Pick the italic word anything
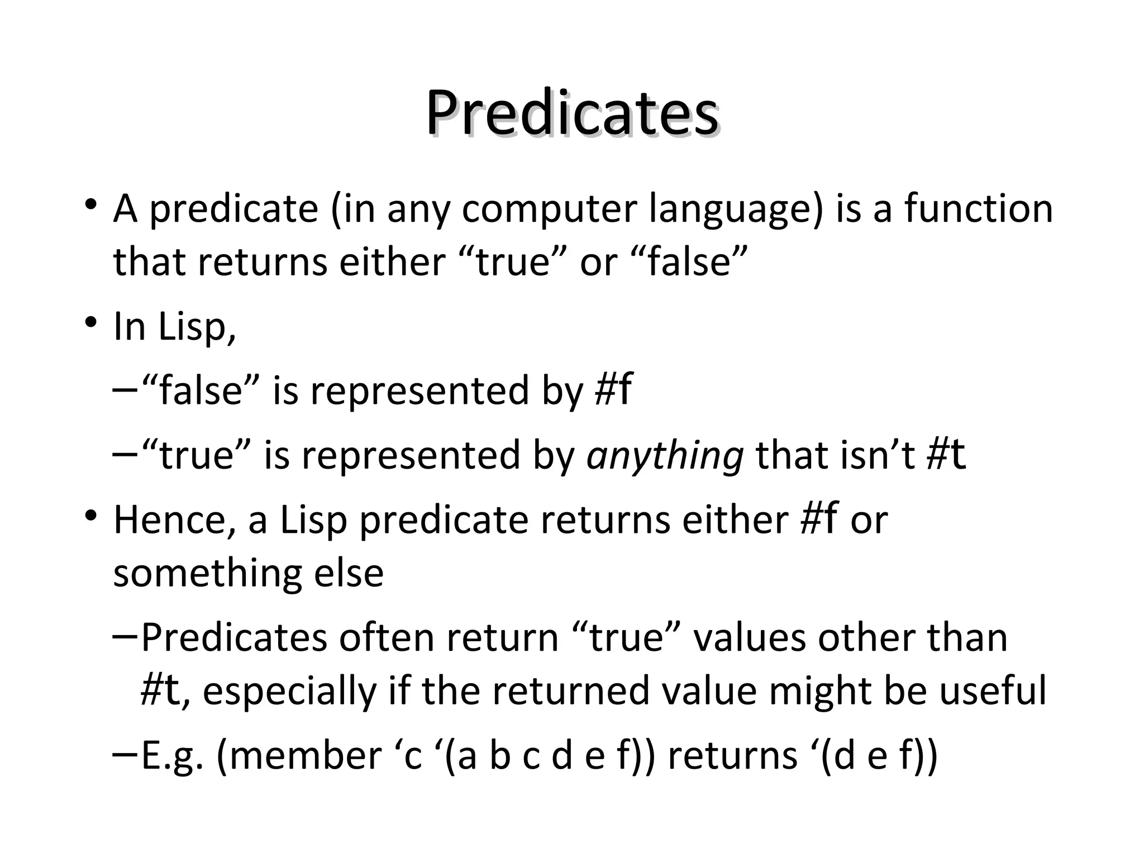[x=665, y=455]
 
